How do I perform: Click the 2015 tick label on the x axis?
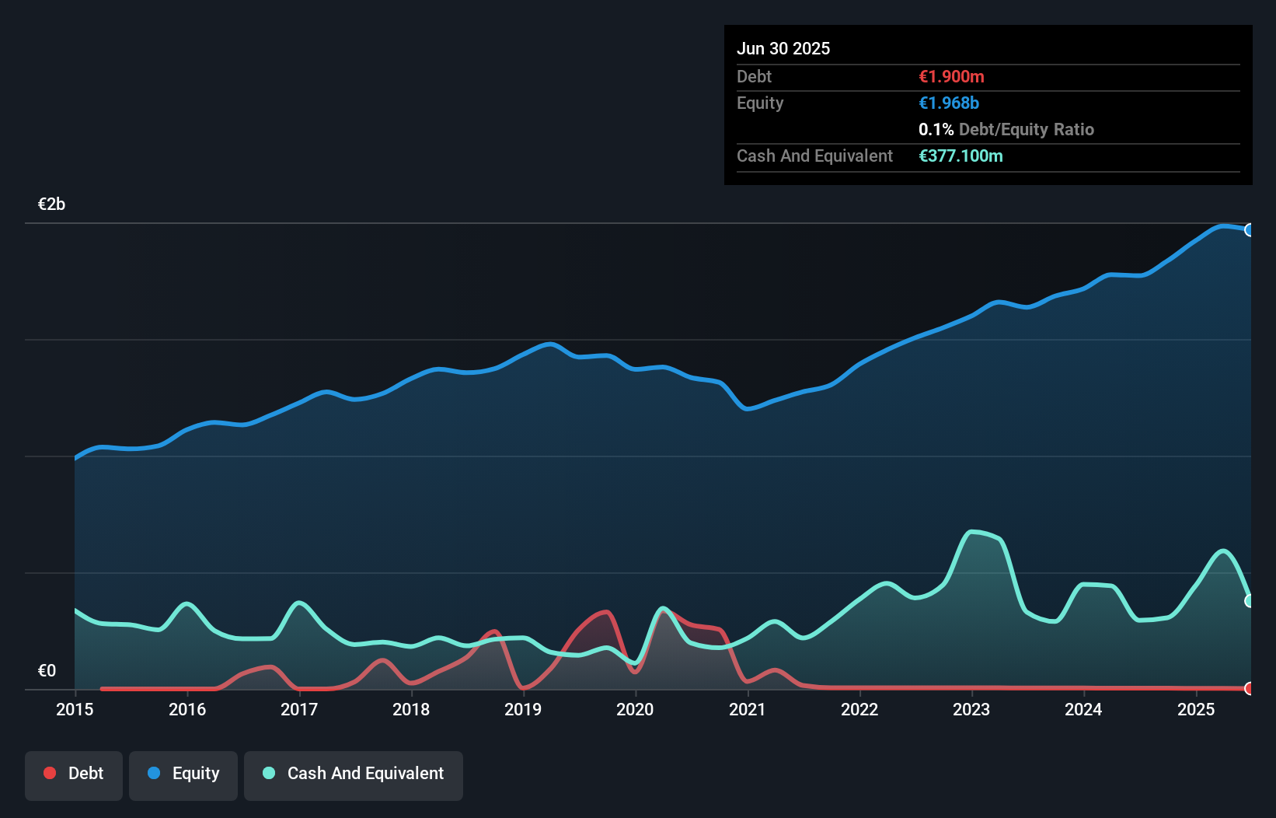75,709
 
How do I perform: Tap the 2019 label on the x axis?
523,709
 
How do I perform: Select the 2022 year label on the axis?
859,709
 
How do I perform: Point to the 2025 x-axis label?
1195,709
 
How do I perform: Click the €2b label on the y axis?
51,204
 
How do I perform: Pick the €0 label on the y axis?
47,670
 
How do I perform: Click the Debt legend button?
74,774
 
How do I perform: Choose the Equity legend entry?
183,774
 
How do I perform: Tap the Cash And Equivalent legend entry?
354,774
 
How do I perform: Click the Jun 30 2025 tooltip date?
783,49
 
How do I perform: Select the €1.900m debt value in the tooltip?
951,77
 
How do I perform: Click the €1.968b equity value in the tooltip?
949,103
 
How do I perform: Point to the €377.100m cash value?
960,156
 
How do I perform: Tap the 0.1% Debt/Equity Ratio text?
1006,130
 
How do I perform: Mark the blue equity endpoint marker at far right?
1250,230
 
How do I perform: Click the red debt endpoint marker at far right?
1250,688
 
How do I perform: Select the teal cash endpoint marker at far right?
1250,601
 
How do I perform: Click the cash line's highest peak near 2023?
972,532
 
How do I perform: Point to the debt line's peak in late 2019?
606,612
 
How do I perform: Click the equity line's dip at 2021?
748,408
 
